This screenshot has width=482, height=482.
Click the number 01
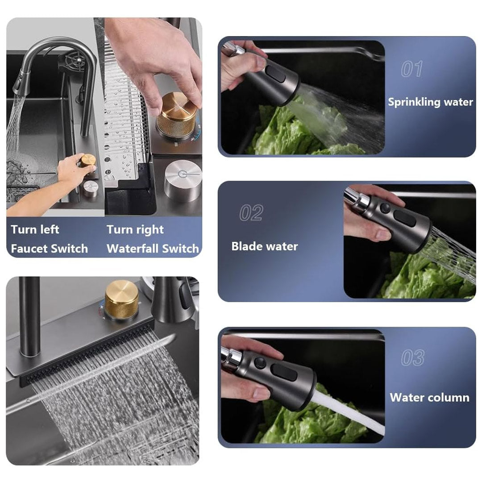(411, 69)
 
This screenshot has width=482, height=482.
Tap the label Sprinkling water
(430, 102)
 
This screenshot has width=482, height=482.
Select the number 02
(251, 213)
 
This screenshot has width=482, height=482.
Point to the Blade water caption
(264, 246)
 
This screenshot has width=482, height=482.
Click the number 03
(412, 358)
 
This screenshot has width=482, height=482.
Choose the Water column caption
(429, 398)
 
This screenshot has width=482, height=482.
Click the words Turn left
(35, 230)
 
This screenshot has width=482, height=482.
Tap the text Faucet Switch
(49, 249)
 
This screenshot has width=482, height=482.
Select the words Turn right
(135, 230)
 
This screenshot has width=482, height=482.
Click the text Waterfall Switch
(153, 249)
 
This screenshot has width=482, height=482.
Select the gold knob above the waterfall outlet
(121, 299)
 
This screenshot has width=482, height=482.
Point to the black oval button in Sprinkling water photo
(275, 73)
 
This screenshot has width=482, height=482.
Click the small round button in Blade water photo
(385, 208)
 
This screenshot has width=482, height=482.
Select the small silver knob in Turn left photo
(90, 188)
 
